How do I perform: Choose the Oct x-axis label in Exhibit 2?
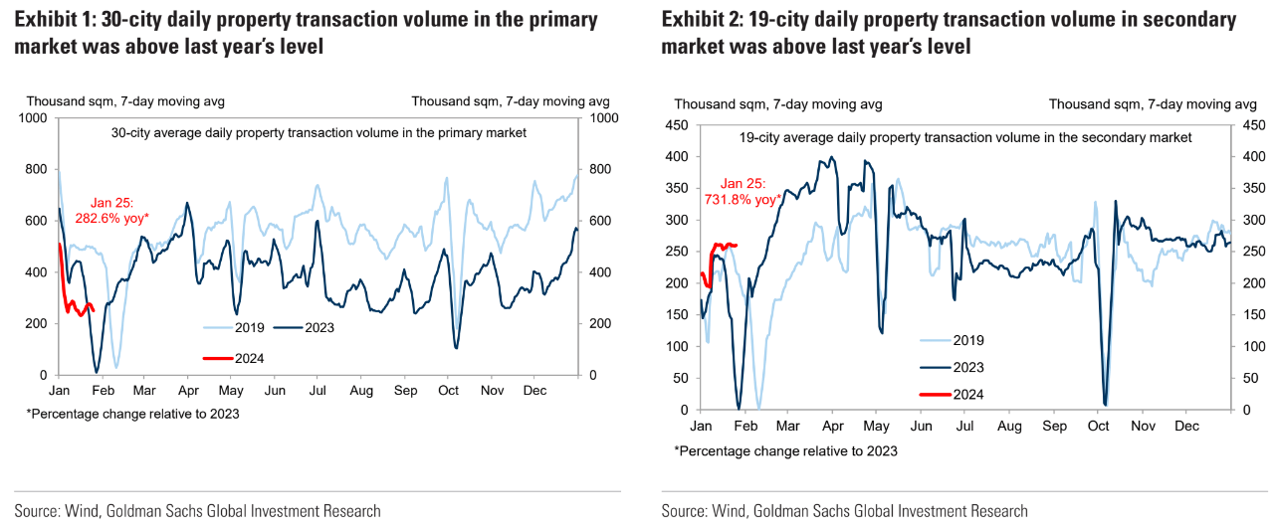pos(1099,426)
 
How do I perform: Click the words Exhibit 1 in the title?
pos(55,20)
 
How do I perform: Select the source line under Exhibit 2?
pos(844,511)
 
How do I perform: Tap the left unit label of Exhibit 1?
pos(125,101)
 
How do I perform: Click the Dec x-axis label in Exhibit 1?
pos(534,391)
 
